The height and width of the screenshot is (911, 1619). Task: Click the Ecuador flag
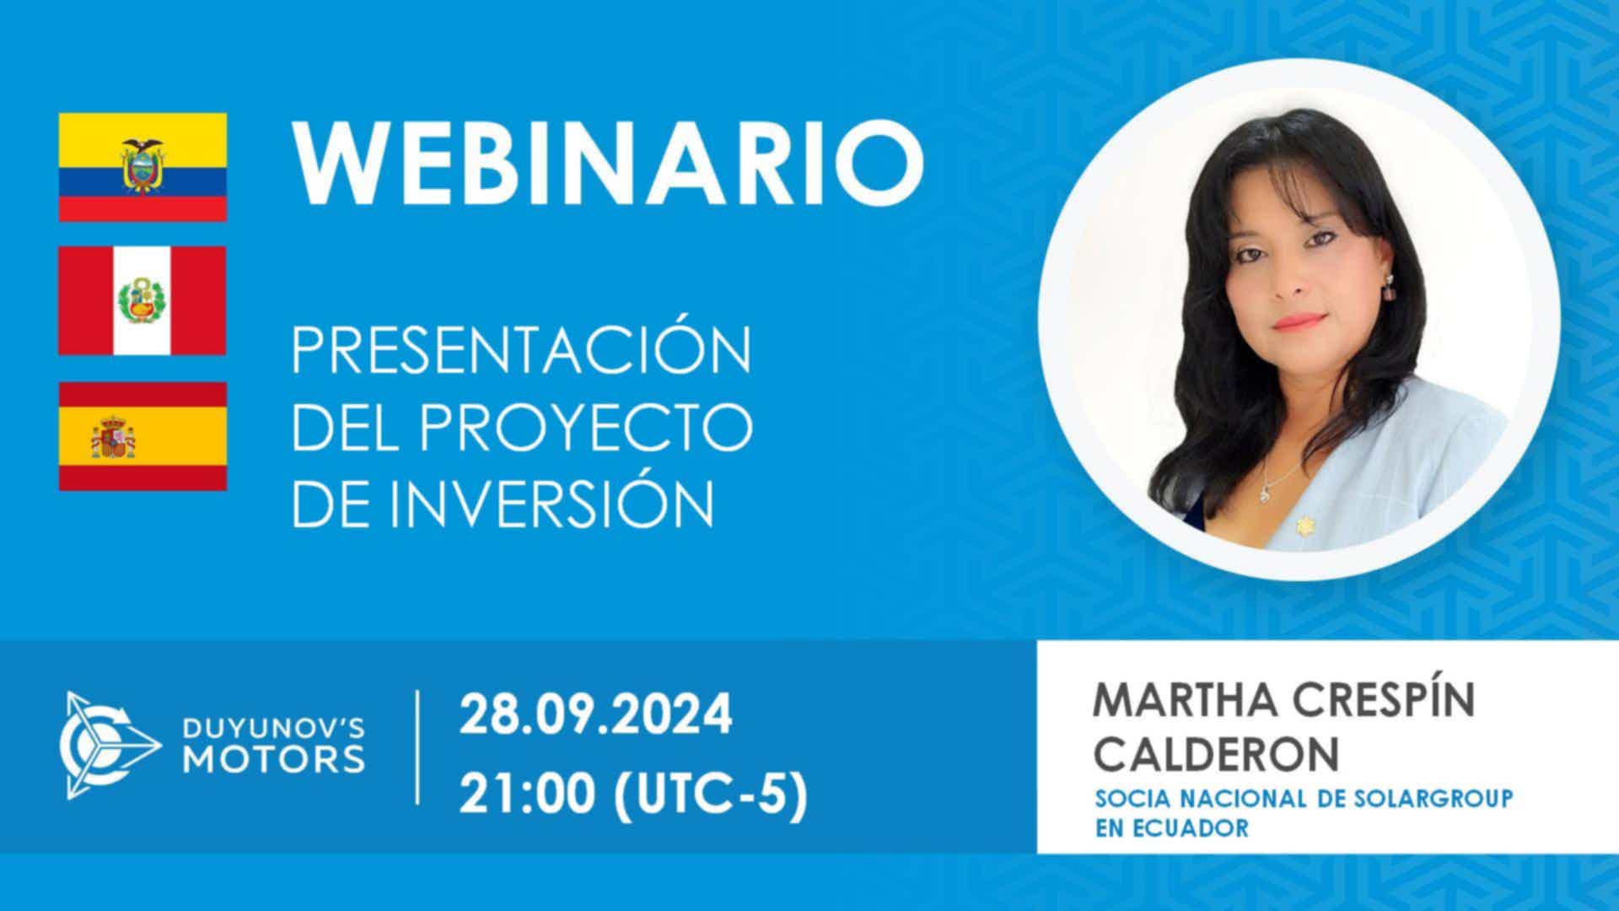point(143,167)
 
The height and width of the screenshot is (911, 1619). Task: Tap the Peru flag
point(143,301)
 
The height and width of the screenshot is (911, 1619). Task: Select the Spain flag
point(143,436)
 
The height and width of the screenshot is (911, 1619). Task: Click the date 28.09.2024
point(595,715)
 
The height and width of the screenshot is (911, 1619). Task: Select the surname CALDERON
point(1216,752)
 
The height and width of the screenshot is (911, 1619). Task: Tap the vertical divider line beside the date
point(419,747)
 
